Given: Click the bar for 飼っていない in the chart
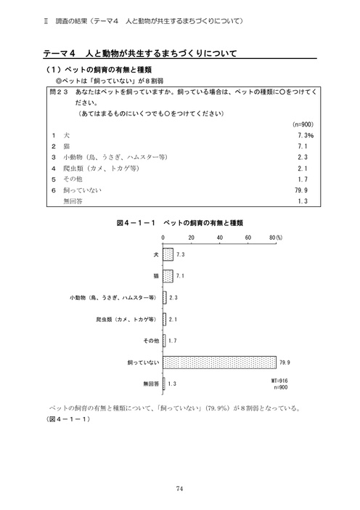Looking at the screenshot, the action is click(x=220, y=361).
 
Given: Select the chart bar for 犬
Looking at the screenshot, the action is click(x=168, y=255).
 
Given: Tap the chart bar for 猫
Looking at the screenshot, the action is click(x=168, y=276).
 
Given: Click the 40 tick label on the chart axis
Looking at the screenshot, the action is click(x=219, y=238).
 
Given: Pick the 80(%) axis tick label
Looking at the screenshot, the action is click(x=276, y=238).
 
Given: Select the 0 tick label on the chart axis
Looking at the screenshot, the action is click(x=163, y=238).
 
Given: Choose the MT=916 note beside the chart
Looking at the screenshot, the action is click(x=280, y=381).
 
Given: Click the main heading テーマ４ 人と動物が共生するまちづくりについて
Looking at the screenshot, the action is click(x=142, y=54).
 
